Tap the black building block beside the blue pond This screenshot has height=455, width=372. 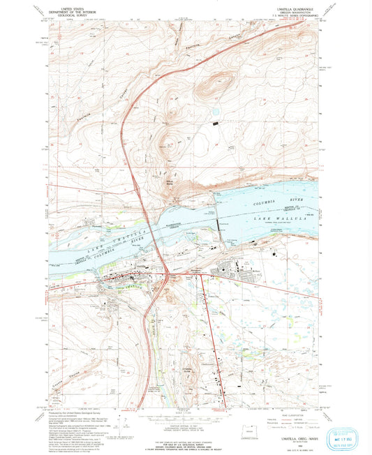(216, 123)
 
